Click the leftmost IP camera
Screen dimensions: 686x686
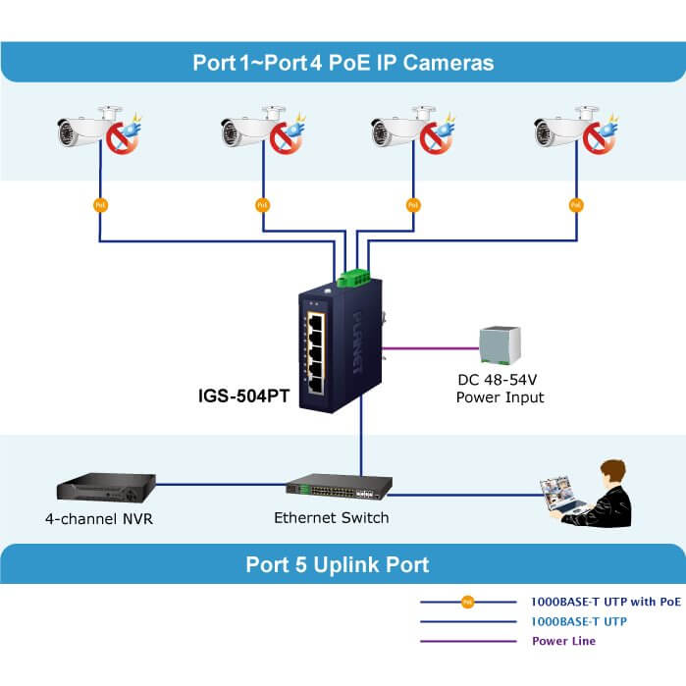pyautogui.click(x=83, y=131)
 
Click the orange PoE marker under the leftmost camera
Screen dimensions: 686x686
pyautogui.click(x=99, y=205)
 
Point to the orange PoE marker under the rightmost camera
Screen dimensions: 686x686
pyautogui.click(x=575, y=205)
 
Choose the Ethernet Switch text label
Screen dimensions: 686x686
pyautogui.click(x=331, y=517)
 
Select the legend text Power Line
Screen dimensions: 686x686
pyautogui.click(x=563, y=641)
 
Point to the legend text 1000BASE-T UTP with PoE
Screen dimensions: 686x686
pyautogui.click(x=606, y=602)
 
